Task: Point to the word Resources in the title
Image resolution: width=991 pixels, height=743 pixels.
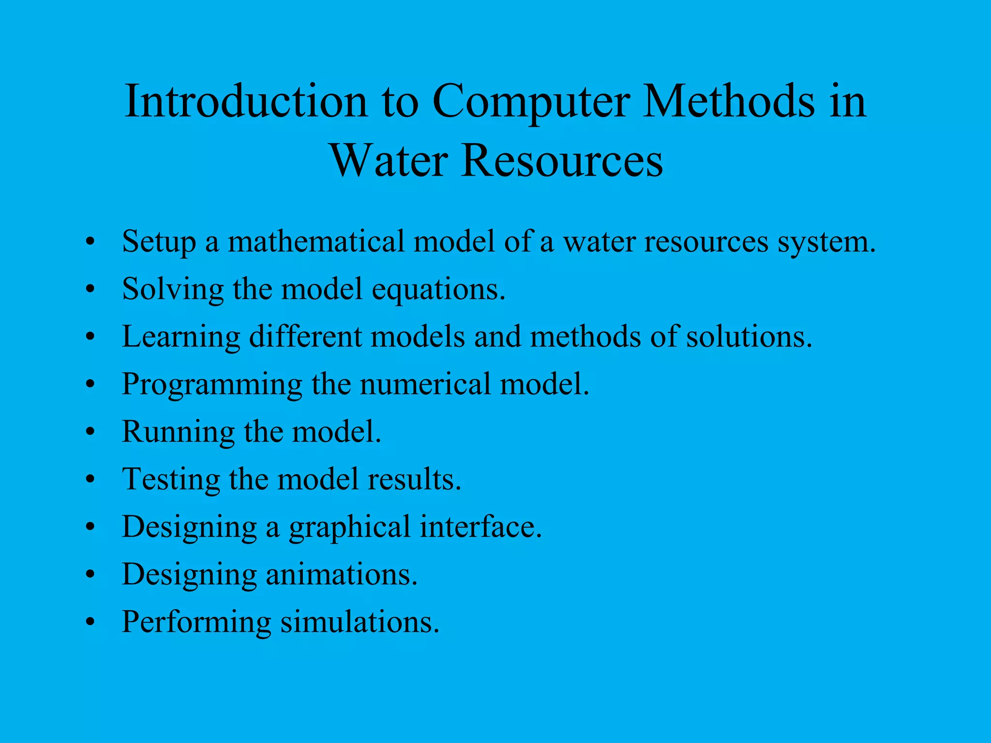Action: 561,161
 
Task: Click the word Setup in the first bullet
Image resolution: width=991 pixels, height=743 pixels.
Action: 159,242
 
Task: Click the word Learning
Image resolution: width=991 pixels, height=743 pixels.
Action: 181,337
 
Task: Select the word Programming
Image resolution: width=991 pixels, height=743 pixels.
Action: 212,385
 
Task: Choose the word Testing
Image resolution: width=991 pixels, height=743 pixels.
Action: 171,480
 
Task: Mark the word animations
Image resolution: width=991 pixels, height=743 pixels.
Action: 341,575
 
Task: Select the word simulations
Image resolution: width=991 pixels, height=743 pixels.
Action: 360,622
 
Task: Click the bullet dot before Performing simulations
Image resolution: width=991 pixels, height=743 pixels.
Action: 90,623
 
